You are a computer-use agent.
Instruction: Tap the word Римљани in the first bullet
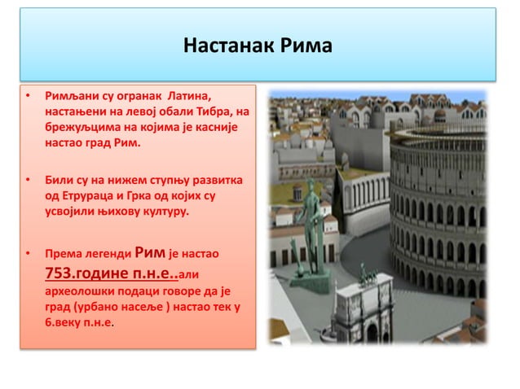pos(73,98)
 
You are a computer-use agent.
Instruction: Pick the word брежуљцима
pos(82,128)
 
